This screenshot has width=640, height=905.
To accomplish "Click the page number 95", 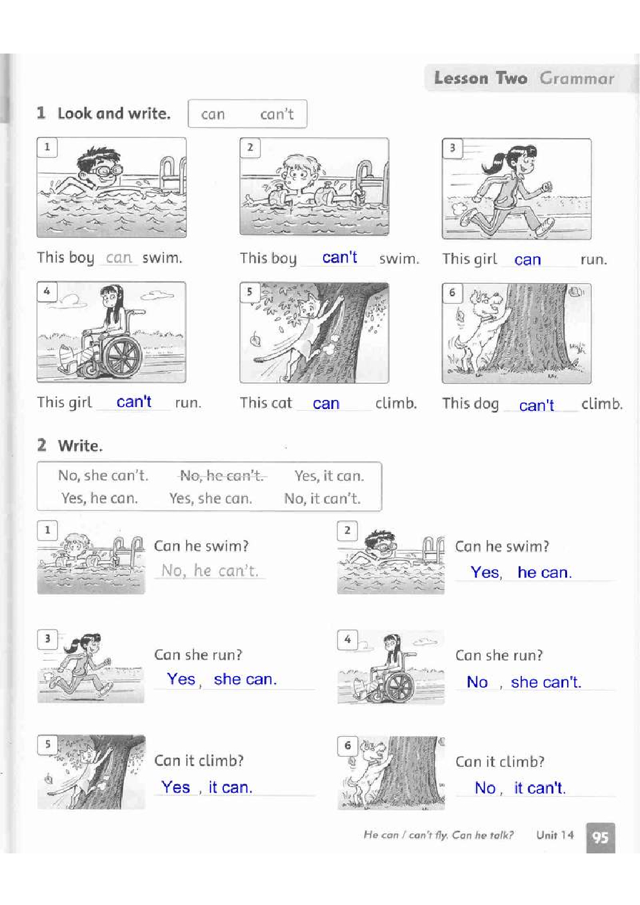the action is pyautogui.click(x=601, y=837).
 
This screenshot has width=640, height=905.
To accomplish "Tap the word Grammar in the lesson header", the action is pyautogui.click(x=577, y=79).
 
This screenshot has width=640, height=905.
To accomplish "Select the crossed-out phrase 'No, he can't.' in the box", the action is pyautogui.click(x=222, y=475).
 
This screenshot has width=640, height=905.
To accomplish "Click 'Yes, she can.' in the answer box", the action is pyautogui.click(x=210, y=498).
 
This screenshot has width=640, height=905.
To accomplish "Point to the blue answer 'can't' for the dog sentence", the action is pyautogui.click(x=536, y=405).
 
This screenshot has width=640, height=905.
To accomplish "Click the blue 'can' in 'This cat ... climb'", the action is pyautogui.click(x=326, y=404).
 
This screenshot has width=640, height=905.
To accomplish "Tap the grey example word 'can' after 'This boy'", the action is pyautogui.click(x=119, y=258).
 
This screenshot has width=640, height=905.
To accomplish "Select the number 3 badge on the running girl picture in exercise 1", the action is pyautogui.click(x=452, y=148).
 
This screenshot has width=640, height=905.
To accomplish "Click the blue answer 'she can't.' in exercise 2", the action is pyautogui.click(x=546, y=682).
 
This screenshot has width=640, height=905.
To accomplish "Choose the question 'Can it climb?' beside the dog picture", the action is pyautogui.click(x=500, y=762).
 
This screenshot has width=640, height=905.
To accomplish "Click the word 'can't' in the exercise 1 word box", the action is pyautogui.click(x=277, y=114).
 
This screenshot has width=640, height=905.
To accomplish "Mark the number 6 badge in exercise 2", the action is pyautogui.click(x=348, y=745).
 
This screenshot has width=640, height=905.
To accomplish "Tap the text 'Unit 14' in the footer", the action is pyautogui.click(x=555, y=835).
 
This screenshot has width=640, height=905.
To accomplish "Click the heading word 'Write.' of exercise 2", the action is pyautogui.click(x=81, y=446).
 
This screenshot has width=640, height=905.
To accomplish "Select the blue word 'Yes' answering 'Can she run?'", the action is pyautogui.click(x=181, y=679).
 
